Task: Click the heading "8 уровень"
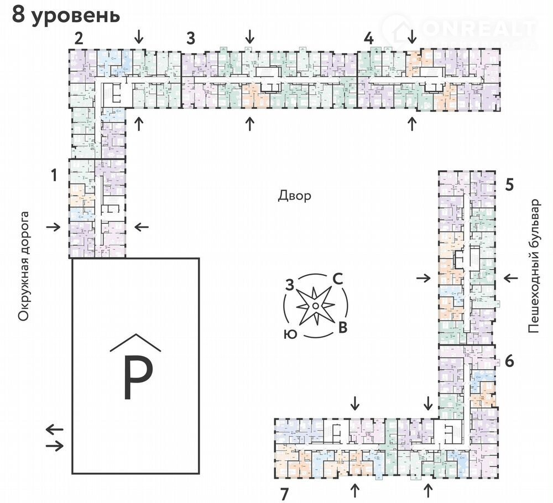(66, 15)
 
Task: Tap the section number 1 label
(54, 176)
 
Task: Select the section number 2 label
(79, 39)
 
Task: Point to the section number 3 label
(191, 39)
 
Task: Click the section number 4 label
(369, 39)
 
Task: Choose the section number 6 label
(509, 361)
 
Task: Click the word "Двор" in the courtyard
(295, 196)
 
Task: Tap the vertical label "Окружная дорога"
(23, 265)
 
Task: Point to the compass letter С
(338, 280)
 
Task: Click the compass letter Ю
(288, 334)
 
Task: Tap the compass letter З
(289, 285)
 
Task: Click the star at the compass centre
(314, 305)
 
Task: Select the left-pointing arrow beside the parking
(54, 429)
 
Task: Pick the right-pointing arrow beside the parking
(55, 445)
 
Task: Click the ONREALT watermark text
(478, 28)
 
